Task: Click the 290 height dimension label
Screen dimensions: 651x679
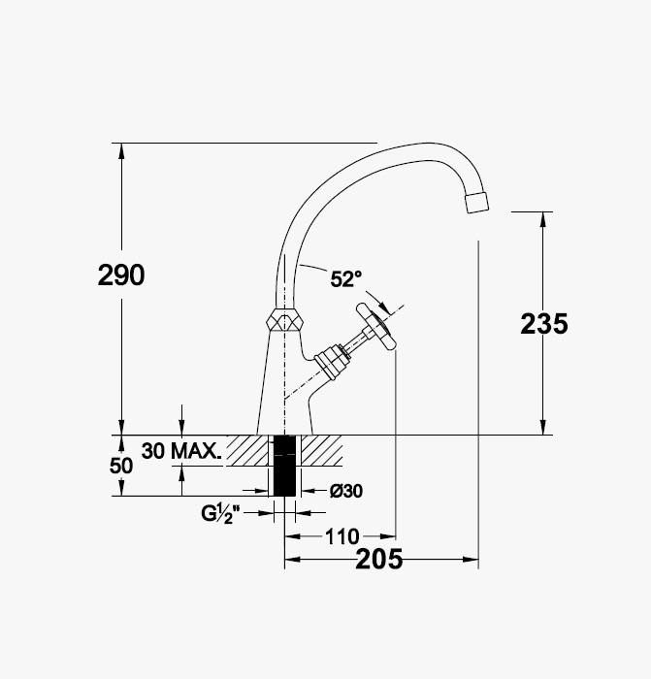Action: coord(121,275)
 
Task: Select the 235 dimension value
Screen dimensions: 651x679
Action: coord(544,323)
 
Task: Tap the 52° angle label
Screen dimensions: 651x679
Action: coord(346,279)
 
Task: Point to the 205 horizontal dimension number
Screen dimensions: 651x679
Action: coord(379,559)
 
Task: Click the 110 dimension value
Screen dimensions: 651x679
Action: coord(342,537)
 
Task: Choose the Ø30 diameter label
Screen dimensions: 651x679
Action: coord(346,491)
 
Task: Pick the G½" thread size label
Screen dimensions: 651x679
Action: coord(220,514)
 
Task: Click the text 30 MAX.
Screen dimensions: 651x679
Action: coord(181,451)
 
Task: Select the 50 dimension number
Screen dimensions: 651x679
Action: coord(121,466)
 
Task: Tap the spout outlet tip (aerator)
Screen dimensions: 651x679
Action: coord(476,202)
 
